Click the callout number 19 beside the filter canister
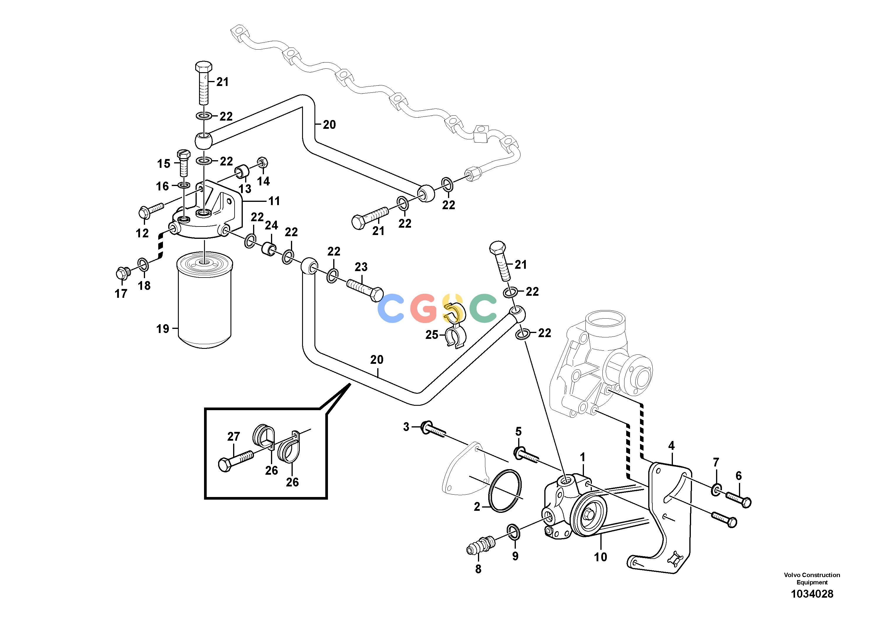pyautogui.click(x=163, y=329)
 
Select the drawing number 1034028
pyautogui.click(x=812, y=594)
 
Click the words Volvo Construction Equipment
pyautogui.click(x=812, y=579)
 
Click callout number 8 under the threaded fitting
pyautogui.click(x=478, y=569)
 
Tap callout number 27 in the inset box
pyautogui.click(x=233, y=436)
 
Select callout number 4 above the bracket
pyautogui.click(x=671, y=445)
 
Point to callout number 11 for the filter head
pyautogui.click(x=274, y=201)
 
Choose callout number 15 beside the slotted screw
pyautogui.click(x=164, y=164)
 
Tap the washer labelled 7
pyautogui.click(x=716, y=490)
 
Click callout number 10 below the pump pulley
pyautogui.click(x=600, y=557)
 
